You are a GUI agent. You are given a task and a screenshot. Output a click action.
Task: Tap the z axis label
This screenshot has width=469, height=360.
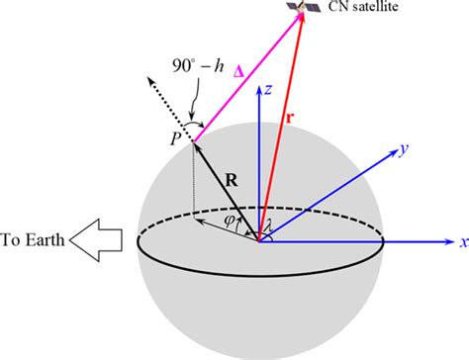pos(268,90)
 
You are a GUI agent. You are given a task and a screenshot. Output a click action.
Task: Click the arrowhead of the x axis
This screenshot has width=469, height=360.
pos(446,241)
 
